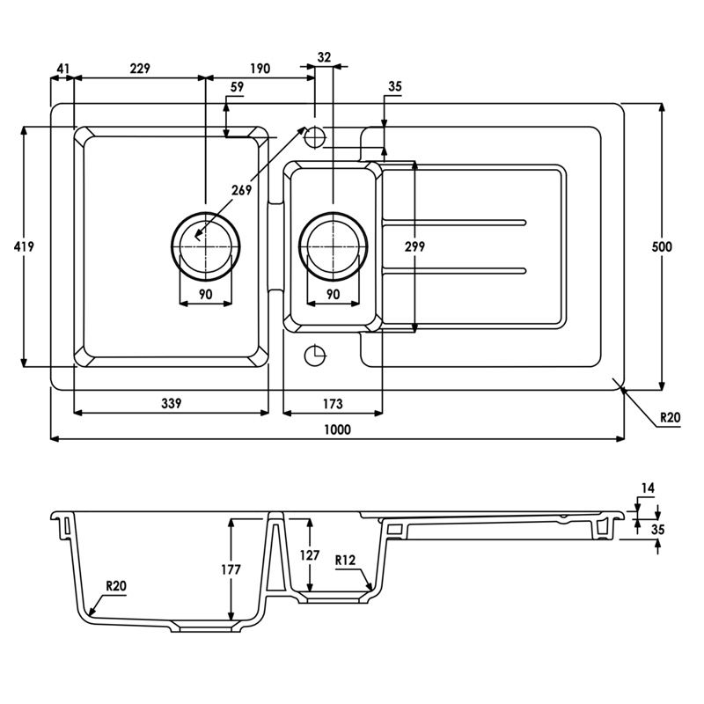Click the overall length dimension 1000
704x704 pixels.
coord(337,429)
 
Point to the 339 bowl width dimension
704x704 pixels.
coord(171,403)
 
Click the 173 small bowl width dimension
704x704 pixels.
coord(333,403)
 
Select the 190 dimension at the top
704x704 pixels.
coord(259,69)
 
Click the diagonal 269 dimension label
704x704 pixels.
coord(241,189)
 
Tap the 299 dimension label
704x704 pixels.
coord(414,247)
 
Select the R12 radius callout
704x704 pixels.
coord(345,559)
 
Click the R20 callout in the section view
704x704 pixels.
coord(115,585)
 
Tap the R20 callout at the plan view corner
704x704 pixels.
coord(671,419)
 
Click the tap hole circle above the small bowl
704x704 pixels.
coord(314,136)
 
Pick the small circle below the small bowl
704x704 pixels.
coord(314,356)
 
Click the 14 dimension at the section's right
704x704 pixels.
coord(649,487)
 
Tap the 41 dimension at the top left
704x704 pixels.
coord(62,69)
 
